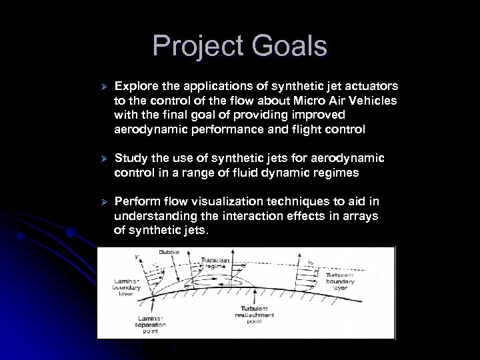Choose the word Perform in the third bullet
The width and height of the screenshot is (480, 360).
[x=136, y=201]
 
